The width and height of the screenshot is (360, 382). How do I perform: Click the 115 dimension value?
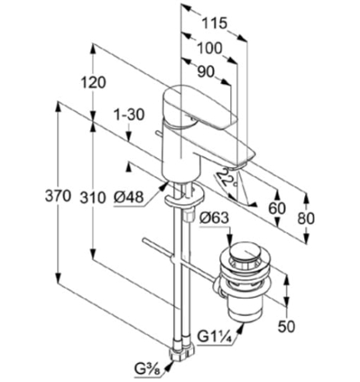pyautogui.click(x=214, y=24)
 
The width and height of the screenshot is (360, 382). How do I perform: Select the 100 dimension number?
pyautogui.click(x=209, y=48)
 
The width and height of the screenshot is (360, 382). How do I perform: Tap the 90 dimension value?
pyautogui.click(x=206, y=72)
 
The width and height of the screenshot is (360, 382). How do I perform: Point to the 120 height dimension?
pyautogui.click(x=93, y=83)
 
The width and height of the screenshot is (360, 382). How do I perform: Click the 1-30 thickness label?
pyautogui.click(x=129, y=115)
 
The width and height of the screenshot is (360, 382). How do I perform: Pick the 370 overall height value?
pyautogui.click(x=57, y=196)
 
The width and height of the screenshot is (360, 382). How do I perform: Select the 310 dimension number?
pyautogui.click(x=92, y=197)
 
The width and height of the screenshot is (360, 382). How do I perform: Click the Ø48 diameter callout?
pyautogui.click(x=128, y=197)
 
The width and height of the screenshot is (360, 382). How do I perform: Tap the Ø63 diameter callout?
pyautogui.click(x=214, y=219)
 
